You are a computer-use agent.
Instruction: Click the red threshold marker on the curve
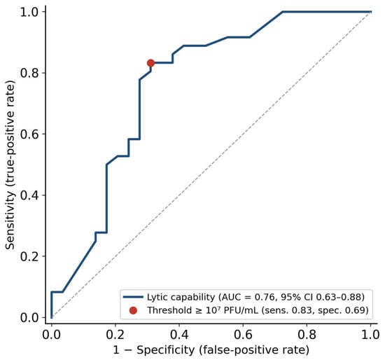pyautogui.click(x=150, y=63)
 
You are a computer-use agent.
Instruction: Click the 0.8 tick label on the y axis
pyautogui.click(x=29, y=73)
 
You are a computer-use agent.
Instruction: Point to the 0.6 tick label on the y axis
pyautogui.click(x=29, y=134)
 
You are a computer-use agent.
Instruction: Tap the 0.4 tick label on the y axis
pyautogui.click(x=29, y=195)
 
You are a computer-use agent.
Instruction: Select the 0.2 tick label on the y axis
pyautogui.click(x=29, y=256)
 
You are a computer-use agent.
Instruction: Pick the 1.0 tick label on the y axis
pyautogui.click(x=29, y=12)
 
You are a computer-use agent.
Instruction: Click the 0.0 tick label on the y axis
pyautogui.click(x=29, y=317)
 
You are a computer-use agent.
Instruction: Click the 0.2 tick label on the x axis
pyautogui.click(x=115, y=335)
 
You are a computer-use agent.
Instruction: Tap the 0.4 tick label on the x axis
pyautogui.click(x=179, y=335)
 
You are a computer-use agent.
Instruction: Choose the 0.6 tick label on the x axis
pyautogui.click(x=243, y=335)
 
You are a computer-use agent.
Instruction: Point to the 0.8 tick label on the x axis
pyautogui.click(x=307, y=335)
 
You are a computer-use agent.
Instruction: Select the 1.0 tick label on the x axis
pyautogui.click(x=370, y=335)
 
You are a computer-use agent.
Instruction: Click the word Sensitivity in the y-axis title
pyautogui.click(x=10, y=221)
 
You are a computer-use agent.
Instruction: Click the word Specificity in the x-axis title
pyautogui.click(x=166, y=350)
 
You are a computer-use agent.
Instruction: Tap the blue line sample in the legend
pyautogui.click(x=133, y=297)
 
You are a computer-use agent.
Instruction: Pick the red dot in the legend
pyautogui.click(x=133, y=310)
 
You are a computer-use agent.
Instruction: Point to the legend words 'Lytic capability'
pyautogui.click(x=181, y=298)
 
